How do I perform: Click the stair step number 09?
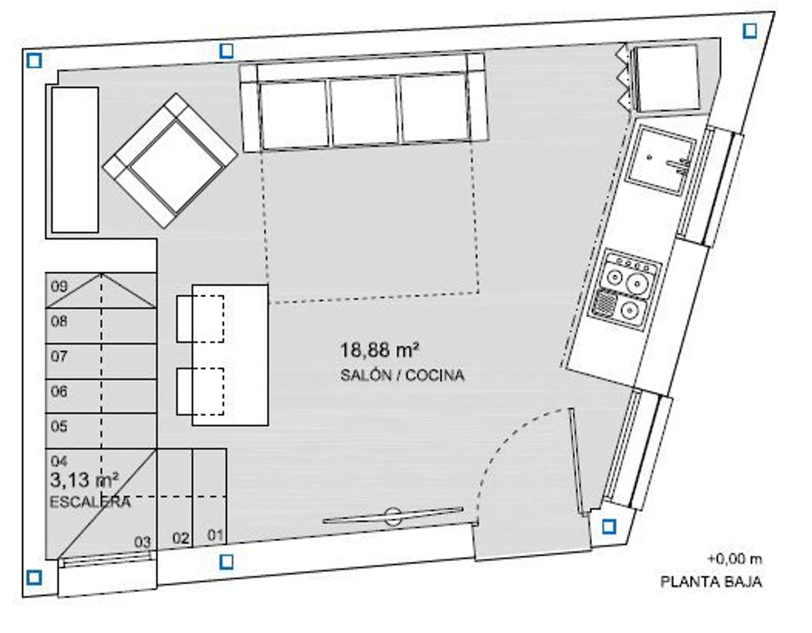tap(59, 287)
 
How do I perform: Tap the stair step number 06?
tap(59, 392)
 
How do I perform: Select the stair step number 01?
tap(215, 536)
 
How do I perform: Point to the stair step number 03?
tap(143, 542)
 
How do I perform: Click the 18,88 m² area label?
tap(379, 350)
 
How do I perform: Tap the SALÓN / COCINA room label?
tap(402, 375)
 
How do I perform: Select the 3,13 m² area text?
tap(84, 480)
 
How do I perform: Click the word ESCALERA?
tap(90, 502)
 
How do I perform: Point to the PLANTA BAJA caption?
tap(711, 582)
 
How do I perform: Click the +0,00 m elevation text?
tap(735, 559)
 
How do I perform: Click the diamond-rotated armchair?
tap(170, 160)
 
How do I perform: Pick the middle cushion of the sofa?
tap(364, 111)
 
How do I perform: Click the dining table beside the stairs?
tap(230, 355)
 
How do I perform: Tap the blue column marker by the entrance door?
tap(609, 527)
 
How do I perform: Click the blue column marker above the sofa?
tap(227, 51)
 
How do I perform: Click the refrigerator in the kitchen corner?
tap(667, 78)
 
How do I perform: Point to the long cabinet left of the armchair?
tap(75, 160)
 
